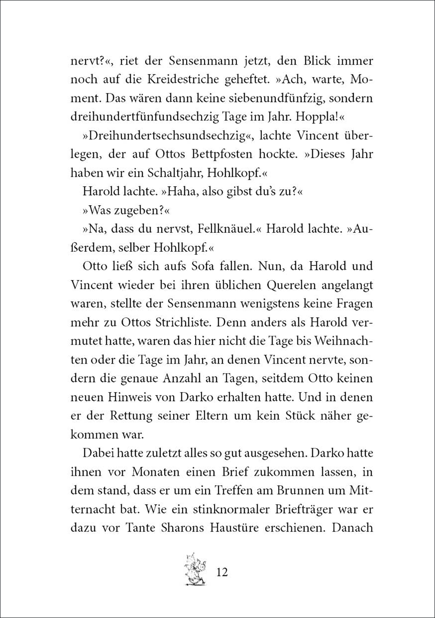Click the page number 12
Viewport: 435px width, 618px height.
tap(222, 572)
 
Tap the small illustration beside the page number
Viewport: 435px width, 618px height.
tap(195, 569)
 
